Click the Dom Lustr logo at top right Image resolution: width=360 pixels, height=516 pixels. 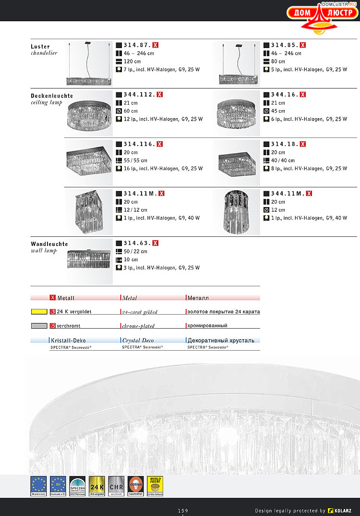[x=323, y=15]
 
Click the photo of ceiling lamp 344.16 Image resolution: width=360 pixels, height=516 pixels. [x=236, y=112]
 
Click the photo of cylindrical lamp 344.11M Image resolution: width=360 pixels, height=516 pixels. [x=236, y=211]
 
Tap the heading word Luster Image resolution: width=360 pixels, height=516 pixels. [x=40, y=47]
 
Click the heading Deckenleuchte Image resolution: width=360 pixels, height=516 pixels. [x=49, y=96]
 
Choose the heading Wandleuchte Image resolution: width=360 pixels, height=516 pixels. [x=49, y=244]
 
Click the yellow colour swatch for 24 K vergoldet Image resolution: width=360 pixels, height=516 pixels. [x=38, y=311]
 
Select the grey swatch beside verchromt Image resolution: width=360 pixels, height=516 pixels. [x=38, y=326]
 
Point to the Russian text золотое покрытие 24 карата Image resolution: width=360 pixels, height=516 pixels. [x=223, y=312]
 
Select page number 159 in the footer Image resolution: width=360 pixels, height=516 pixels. [x=182, y=510]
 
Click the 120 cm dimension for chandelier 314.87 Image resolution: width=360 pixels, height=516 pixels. [x=132, y=61]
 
